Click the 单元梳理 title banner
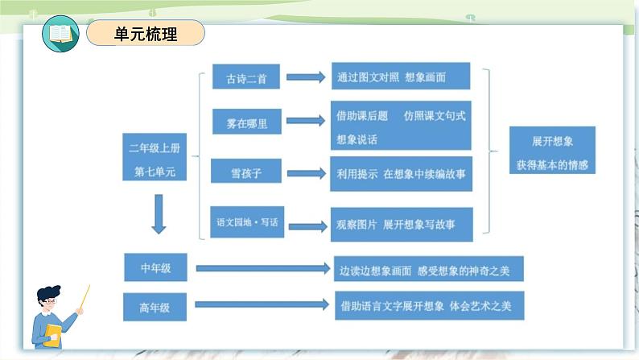point(146,33)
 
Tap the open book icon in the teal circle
point(60,34)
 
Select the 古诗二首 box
point(246,77)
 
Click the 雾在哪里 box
point(247,122)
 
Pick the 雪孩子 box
point(246,171)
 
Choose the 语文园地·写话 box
point(247,221)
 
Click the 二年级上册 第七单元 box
point(155,157)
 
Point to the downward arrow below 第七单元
point(159,214)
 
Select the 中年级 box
point(155,267)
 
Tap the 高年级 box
point(155,307)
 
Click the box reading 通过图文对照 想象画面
point(401,76)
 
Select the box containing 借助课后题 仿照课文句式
point(401,126)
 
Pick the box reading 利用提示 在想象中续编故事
point(402,174)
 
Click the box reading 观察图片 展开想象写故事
point(402,225)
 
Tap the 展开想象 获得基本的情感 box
point(553,151)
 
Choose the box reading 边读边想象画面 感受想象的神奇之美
point(429,269)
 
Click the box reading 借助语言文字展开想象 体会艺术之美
point(430,305)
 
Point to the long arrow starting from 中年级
point(263,268)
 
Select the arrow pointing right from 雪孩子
point(307,174)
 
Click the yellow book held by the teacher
point(53,336)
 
